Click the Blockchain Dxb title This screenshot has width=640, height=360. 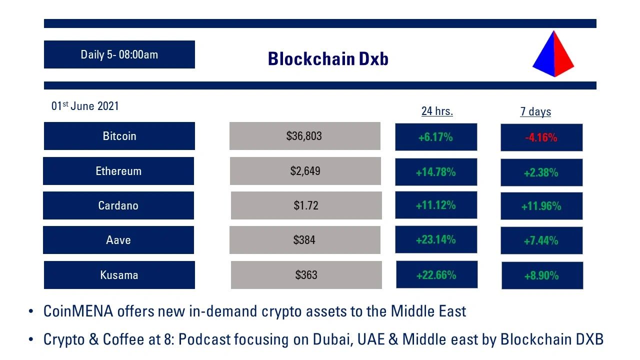click(328, 59)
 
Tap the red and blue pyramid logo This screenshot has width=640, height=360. click(553, 54)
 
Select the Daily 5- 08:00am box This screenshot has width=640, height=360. click(119, 54)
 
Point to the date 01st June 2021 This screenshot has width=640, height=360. click(85, 106)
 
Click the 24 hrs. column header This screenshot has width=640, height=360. click(437, 111)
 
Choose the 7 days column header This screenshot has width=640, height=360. click(535, 111)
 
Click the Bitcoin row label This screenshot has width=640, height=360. click(119, 136)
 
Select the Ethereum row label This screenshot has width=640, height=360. click(118, 171)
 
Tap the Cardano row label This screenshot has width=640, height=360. click(118, 205)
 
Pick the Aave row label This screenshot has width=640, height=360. click(118, 240)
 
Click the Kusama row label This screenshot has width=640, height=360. click(119, 275)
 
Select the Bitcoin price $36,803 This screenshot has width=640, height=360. click(304, 136)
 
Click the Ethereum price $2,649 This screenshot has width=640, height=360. click(305, 171)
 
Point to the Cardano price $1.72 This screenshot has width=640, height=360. click(306, 205)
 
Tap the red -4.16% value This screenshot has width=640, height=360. click(541, 137)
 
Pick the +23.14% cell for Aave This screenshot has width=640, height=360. click(435, 239)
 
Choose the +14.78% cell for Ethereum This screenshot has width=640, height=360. click(435, 172)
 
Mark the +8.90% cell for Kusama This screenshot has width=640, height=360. click(541, 275)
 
